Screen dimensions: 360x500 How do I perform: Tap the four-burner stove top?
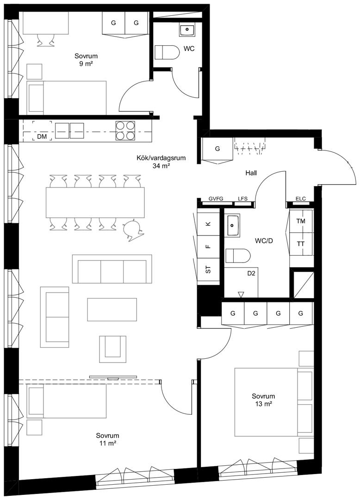point(125,131)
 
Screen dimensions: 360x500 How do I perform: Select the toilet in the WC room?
point(167,52)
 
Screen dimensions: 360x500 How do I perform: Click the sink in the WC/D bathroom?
point(234,225)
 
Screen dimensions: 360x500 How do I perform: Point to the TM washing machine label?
point(300,221)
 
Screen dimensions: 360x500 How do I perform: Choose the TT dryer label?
point(300,244)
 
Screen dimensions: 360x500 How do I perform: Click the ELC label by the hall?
point(300,199)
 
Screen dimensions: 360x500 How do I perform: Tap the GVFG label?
point(216,199)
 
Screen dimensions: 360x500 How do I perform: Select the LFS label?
point(242,199)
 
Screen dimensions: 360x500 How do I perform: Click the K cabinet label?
point(208,224)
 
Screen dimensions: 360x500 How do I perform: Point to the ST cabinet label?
point(208,270)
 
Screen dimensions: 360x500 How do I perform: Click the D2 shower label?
point(251,273)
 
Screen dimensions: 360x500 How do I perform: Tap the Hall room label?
point(251,173)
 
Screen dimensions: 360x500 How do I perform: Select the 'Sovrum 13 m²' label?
point(263,400)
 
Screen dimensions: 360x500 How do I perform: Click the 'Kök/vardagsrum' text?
point(161,158)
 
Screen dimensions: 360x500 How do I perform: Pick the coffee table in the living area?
point(112,309)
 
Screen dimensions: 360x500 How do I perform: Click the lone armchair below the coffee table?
point(112,349)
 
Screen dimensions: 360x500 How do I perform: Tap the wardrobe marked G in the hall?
point(217,149)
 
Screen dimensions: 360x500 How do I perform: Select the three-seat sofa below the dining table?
point(112,269)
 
